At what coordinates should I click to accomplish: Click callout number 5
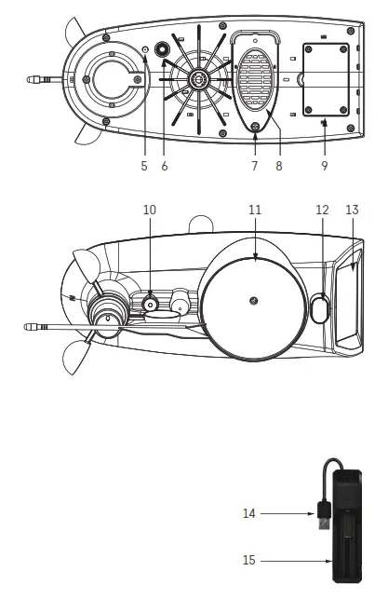144,166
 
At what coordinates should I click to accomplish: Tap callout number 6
165,166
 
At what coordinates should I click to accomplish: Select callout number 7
255,166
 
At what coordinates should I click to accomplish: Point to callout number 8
279,166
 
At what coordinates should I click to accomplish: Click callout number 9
325,166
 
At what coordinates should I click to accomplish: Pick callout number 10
150,210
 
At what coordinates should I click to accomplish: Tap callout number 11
255,210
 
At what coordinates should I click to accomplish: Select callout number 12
322,210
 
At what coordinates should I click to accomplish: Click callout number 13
352,210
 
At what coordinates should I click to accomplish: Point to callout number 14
248,513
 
